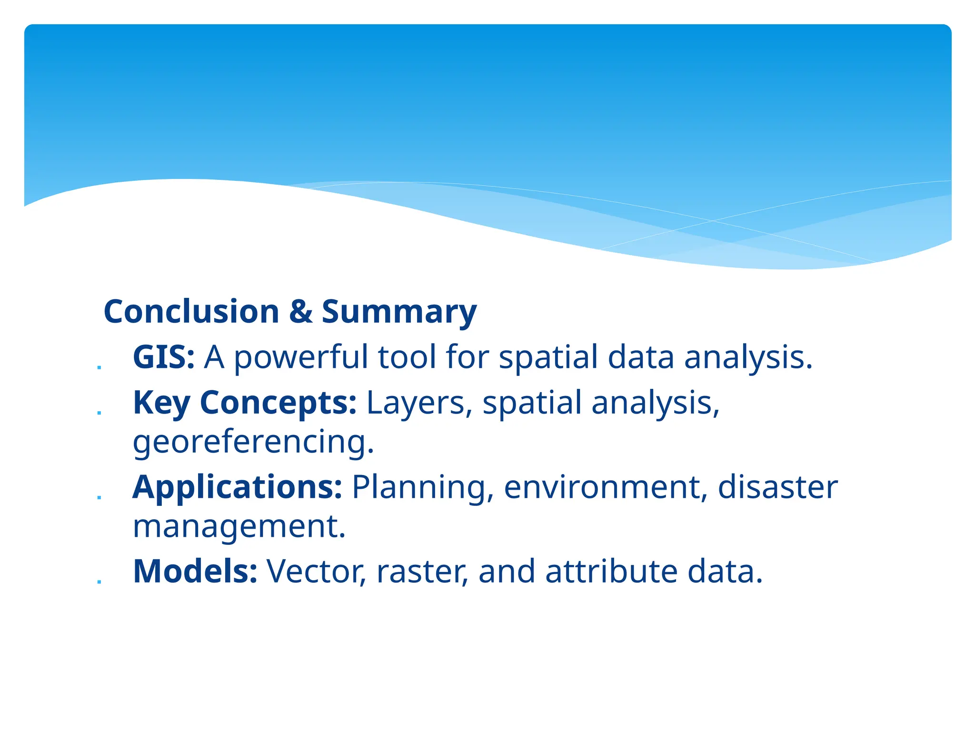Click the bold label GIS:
pos(163,357)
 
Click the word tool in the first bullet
pos(407,357)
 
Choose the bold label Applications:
pos(237,487)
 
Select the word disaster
pos(777,487)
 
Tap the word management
pos(239,527)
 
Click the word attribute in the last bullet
pos(611,571)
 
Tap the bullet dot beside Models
pos(99,582)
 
